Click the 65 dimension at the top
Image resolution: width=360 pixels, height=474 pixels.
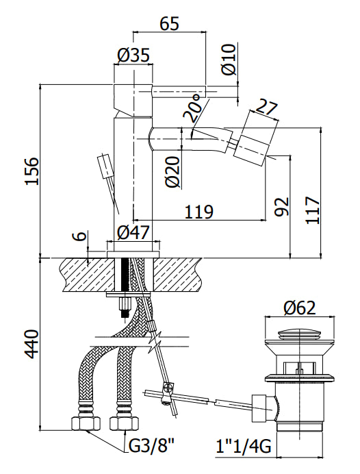pyautogui.click(x=170, y=23)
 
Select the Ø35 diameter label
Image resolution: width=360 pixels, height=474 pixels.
pyautogui.click(x=133, y=55)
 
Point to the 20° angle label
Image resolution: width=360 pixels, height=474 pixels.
pyautogui.click(x=192, y=107)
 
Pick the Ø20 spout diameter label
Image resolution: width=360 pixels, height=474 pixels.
pyautogui.click(x=173, y=172)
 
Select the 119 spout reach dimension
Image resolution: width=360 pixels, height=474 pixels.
pyautogui.click(x=199, y=212)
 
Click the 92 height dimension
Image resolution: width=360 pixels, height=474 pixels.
pyautogui.click(x=282, y=207)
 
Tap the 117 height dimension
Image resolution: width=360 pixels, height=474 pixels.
pyautogui.click(x=312, y=210)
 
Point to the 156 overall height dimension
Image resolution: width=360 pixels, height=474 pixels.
pyautogui.click(x=32, y=171)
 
